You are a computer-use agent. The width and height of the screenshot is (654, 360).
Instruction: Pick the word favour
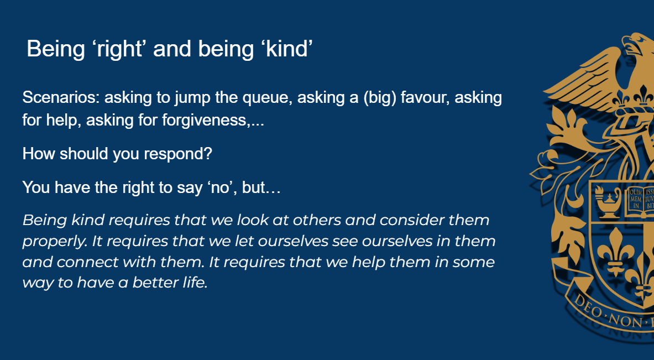coord(425,98)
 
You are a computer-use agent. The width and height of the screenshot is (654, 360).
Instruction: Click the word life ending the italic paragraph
coord(195,283)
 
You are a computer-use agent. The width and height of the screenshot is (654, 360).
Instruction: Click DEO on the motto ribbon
coord(589,307)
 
